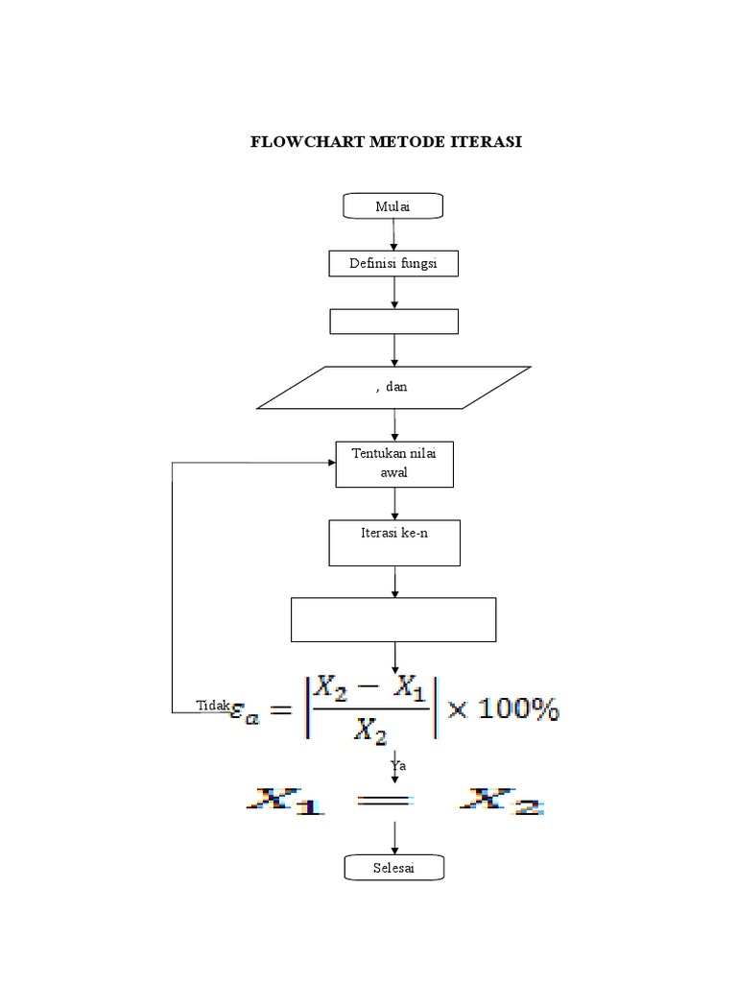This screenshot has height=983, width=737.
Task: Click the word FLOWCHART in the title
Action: [295, 142]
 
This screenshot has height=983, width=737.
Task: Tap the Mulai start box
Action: [393, 205]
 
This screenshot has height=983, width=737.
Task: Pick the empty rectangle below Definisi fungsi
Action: [393, 321]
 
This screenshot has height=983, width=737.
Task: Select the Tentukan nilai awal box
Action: [394, 464]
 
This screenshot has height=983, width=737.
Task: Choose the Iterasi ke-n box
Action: [394, 542]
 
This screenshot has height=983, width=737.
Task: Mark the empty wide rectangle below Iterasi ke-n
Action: [393, 618]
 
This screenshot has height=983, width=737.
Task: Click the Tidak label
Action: [212, 706]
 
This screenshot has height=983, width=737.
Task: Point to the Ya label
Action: [399, 765]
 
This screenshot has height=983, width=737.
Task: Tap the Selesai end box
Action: [394, 868]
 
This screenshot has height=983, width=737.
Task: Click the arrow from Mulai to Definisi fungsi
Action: [393, 234]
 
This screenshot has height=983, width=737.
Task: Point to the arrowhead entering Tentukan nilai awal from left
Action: [330, 463]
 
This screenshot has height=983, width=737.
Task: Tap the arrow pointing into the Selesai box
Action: [394, 842]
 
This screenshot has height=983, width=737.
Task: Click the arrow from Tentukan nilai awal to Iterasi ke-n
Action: [394, 503]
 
